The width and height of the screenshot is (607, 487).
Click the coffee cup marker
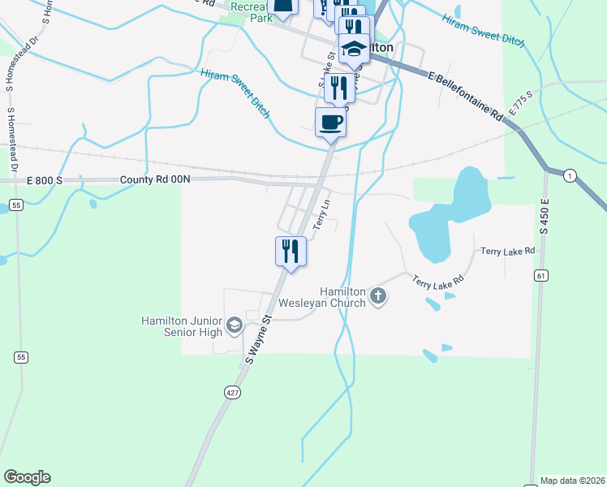click(x=330, y=123)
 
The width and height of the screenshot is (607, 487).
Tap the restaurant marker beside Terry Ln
click(x=291, y=251)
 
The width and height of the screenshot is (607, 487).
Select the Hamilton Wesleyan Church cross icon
click(x=377, y=297)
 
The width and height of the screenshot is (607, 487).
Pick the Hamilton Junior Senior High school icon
click(x=235, y=325)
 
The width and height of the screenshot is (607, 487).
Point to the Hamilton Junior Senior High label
click(x=181, y=326)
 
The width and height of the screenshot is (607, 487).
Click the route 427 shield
click(x=233, y=392)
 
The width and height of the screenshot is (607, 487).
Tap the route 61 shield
click(x=540, y=276)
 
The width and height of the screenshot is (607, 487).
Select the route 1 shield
click(x=571, y=175)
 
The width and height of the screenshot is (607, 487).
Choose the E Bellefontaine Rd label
click(x=466, y=96)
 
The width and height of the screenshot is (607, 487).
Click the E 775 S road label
click(x=520, y=103)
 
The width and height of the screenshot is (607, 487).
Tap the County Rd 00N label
click(x=154, y=179)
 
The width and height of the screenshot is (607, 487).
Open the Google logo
click(x=27, y=477)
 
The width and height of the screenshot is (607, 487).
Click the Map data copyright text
click(x=571, y=481)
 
